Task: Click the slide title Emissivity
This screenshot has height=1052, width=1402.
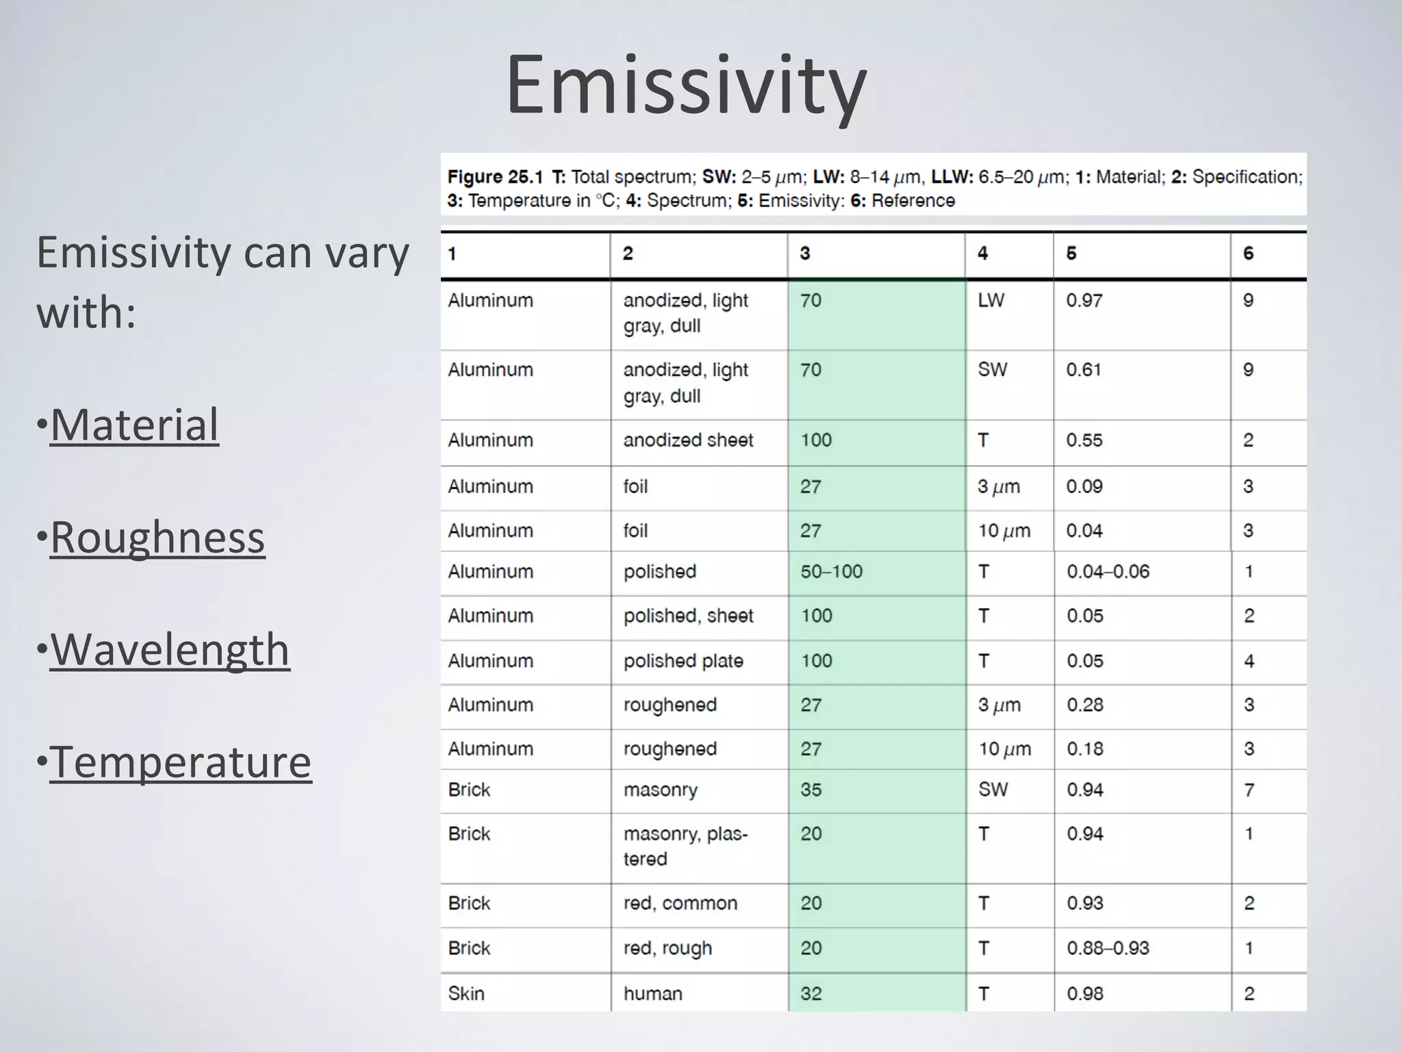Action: tap(686, 86)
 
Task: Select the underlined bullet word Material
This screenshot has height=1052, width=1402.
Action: tap(134, 425)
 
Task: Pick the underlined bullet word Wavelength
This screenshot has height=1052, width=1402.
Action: tap(170, 649)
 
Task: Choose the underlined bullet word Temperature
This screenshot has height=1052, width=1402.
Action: tap(181, 762)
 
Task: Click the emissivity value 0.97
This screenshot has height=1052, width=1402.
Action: tap(1084, 301)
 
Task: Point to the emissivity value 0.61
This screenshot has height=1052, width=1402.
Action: tap(1084, 370)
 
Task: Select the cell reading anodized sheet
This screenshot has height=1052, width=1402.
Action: tap(687, 440)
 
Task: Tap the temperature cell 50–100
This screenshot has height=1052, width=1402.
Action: tap(831, 572)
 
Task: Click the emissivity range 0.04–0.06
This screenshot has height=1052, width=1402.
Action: tap(1108, 572)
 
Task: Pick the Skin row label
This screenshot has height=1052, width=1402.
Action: tap(466, 994)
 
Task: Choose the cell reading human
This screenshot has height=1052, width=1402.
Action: tap(652, 994)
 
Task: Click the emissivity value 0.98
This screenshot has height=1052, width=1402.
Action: tap(1084, 994)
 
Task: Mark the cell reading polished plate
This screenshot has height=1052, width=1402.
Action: tap(683, 661)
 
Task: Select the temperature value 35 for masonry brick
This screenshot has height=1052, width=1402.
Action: tap(811, 790)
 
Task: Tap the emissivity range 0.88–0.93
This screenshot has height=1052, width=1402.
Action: tap(1108, 949)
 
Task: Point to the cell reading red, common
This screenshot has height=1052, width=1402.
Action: tap(680, 903)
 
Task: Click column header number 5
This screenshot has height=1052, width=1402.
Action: tap(1071, 253)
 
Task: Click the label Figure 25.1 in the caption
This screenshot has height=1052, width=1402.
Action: tap(494, 177)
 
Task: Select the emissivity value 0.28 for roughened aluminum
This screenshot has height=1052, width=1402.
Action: tap(1084, 705)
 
